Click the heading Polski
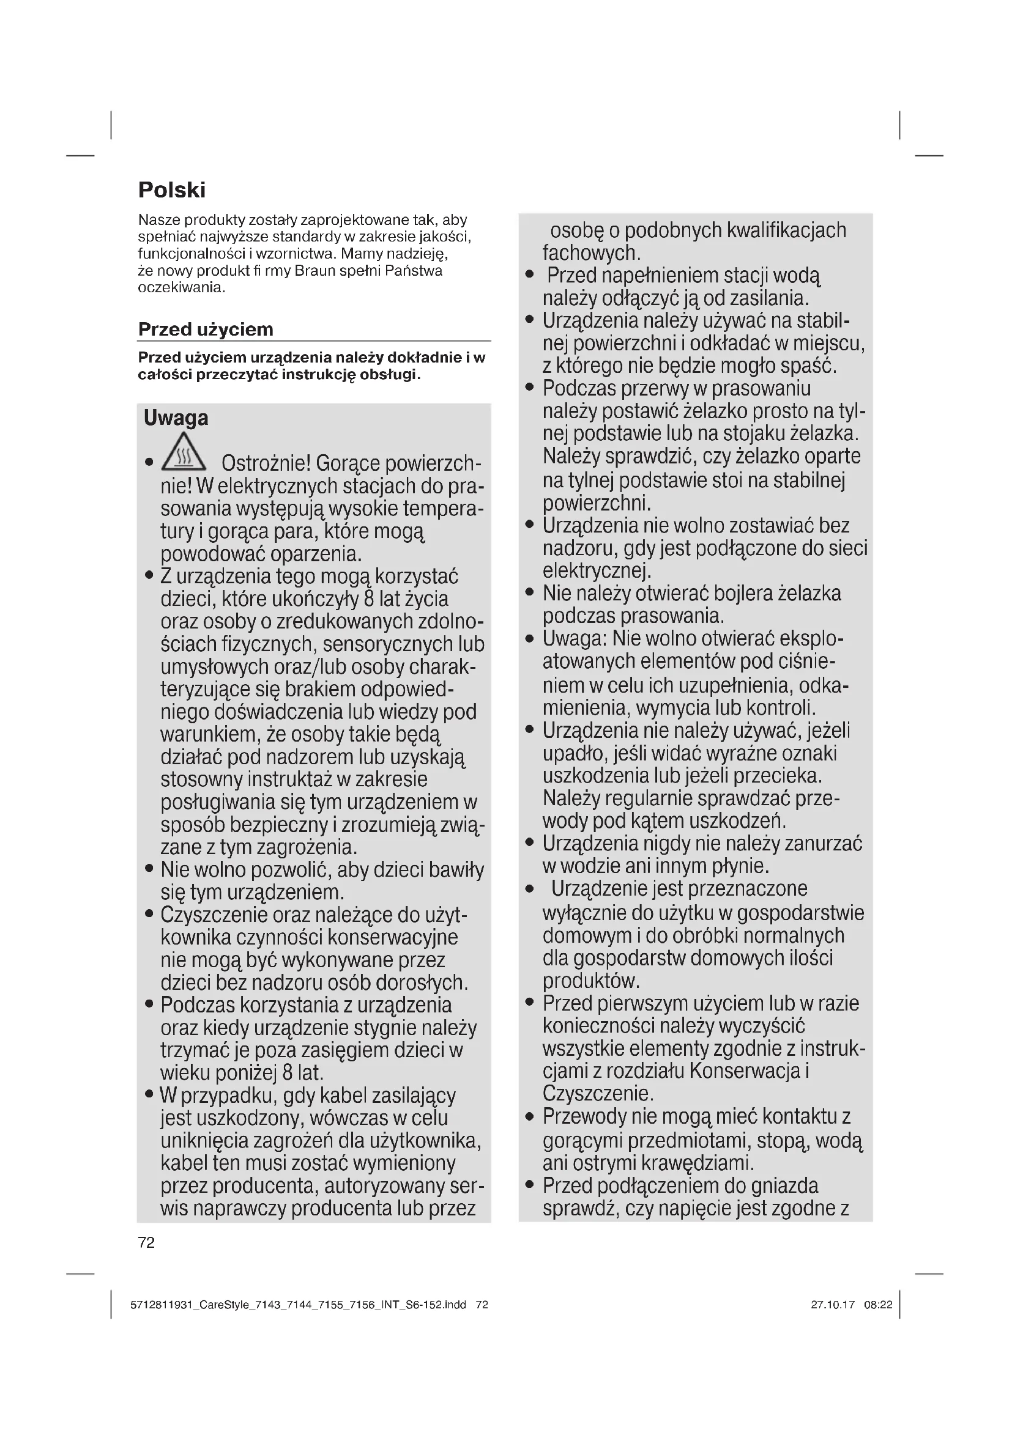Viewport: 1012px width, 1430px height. pos(171,190)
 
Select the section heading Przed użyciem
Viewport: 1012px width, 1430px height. pos(206,329)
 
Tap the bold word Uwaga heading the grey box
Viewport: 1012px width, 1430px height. pos(176,418)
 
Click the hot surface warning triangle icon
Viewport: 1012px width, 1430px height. pos(183,452)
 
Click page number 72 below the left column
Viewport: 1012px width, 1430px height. pos(146,1242)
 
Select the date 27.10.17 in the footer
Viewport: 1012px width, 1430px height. pos(833,1305)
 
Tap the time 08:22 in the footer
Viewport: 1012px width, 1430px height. pos(878,1305)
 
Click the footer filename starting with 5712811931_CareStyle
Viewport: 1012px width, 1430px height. pos(298,1305)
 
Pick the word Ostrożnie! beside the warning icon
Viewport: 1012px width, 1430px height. pos(266,464)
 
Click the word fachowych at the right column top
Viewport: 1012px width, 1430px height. pos(591,253)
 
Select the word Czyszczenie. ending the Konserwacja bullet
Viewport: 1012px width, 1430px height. pos(598,1094)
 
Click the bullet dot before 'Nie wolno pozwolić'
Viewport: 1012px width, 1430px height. pos(149,868)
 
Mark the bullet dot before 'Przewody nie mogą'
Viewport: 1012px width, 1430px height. pos(530,1117)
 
